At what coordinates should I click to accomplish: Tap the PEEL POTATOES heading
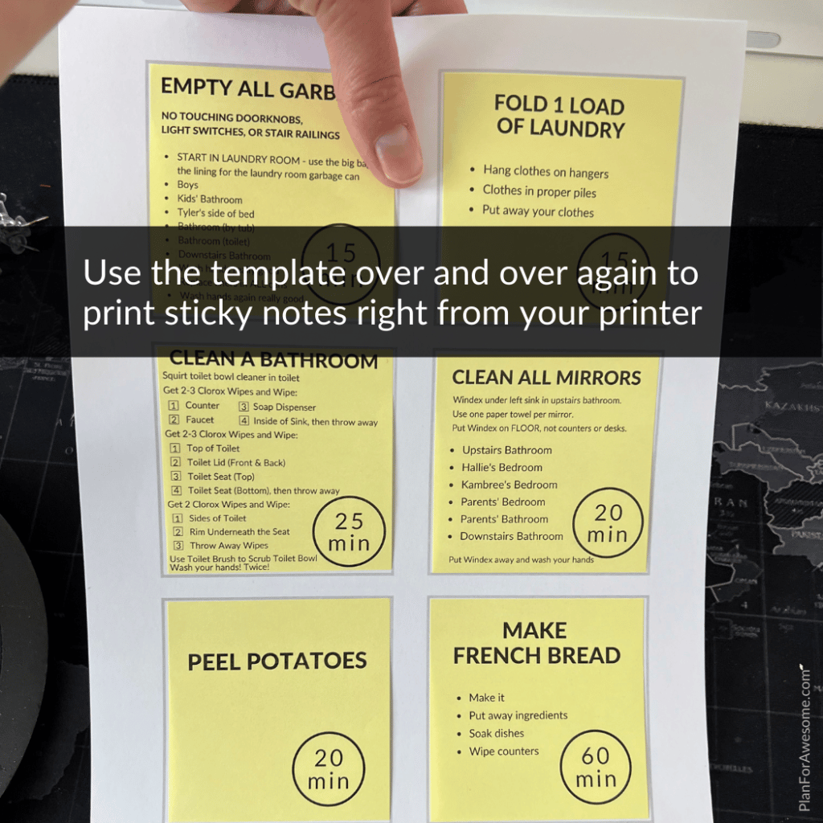(x=277, y=661)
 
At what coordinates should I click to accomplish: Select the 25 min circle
(x=350, y=532)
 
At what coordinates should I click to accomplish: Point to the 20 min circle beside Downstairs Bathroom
(x=608, y=523)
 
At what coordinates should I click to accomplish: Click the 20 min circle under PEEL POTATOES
(x=328, y=768)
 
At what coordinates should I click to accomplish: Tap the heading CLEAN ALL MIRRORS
(x=547, y=378)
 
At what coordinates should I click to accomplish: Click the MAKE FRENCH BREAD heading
(x=536, y=643)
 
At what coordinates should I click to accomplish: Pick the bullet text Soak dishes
(x=496, y=733)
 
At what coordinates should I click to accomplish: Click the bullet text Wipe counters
(x=504, y=751)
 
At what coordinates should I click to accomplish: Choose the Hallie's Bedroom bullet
(x=502, y=467)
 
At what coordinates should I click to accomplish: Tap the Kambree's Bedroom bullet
(x=509, y=485)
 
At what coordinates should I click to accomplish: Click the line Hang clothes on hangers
(x=545, y=172)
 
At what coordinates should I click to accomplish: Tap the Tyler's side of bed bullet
(x=215, y=213)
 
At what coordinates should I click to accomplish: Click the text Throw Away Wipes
(x=229, y=546)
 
